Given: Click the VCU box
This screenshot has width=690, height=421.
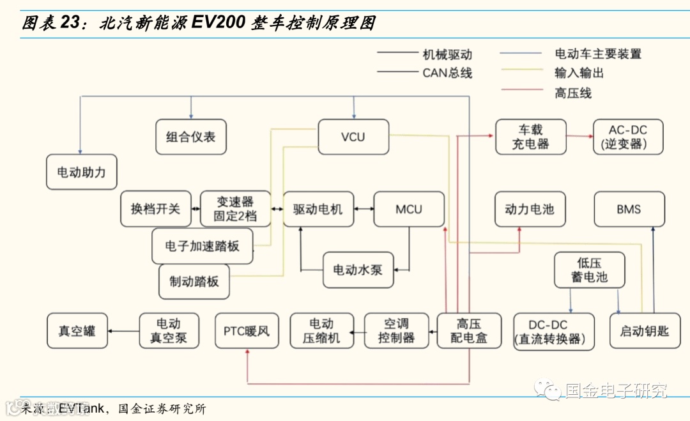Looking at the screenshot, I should point(353,137).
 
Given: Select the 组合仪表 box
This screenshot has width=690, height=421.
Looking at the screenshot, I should point(191,137).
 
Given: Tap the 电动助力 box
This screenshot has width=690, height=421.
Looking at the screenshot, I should point(82,172).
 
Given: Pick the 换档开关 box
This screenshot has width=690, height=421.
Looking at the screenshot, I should point(156,209).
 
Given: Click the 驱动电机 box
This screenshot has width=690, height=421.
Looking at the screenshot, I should point(318,209).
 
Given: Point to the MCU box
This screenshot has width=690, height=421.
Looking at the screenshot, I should point(409,209).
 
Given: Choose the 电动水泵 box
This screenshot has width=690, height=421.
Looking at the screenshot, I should point(358,270).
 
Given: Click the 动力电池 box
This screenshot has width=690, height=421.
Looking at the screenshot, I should point(530,209).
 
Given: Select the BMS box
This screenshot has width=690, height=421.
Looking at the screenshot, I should point(629,209).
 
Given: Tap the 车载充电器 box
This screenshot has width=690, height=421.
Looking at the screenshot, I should point(530,137).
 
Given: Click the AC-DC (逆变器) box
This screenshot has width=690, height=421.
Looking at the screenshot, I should point(628,137).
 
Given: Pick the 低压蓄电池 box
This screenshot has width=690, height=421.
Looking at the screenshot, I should point(589,270).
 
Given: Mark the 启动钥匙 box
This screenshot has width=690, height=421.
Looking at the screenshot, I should point(645,331).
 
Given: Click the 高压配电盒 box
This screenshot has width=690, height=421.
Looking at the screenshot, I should point(469,331).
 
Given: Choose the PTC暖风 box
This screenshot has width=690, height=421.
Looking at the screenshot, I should point(247,331).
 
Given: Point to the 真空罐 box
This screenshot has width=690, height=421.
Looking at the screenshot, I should point(77,331).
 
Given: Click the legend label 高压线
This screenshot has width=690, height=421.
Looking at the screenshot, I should point(573,93).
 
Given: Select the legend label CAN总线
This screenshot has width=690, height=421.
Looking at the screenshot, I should point(447,73).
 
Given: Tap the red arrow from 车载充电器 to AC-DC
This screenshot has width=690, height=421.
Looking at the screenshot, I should point(580,136).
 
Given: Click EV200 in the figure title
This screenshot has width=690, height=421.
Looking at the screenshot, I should point(218,24).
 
